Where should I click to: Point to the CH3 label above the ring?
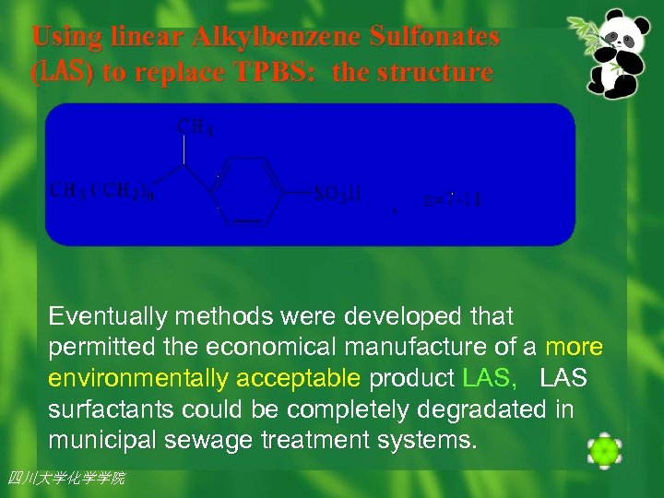click(196, 126)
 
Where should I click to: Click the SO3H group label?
click(338, 194)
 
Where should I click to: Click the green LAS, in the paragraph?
click(493, 379)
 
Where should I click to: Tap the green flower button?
click(604, 450)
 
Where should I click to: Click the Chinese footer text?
click(65, 478)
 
